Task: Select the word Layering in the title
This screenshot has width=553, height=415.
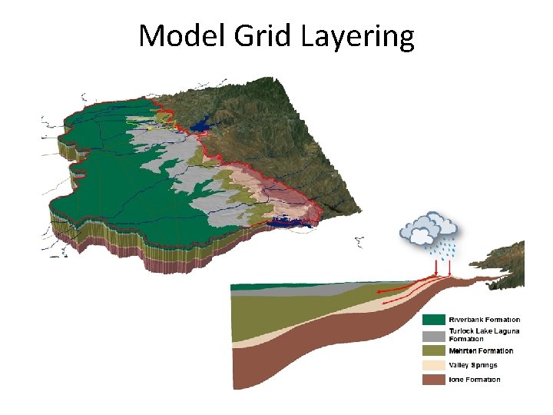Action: pyautogui.click(x=356, y=36)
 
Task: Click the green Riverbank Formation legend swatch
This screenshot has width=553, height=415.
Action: pyautogui.click(x=434, y=320)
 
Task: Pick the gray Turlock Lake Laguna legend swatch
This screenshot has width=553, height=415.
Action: pyautogui.click(x=434, y=336)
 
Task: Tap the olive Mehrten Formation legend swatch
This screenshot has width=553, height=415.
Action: pyautogui.click(x=434, y=351)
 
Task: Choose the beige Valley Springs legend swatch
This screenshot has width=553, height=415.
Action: pyautogui.click(x=434, y=365)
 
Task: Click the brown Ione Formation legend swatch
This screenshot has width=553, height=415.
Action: pyautogui.click(x=434, y=380)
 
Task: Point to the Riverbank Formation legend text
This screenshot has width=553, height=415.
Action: pyautogui.click(x=484, y=320)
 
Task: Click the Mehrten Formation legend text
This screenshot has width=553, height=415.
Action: pyautogui.click(x=482, y=351)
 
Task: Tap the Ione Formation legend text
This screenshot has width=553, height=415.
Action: pyautogui.click(x=475, y=380)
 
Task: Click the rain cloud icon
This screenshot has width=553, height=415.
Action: pyautogui.click(x=429, y=228)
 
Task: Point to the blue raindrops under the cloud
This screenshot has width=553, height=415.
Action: pyautogui.click(x=441, y=250)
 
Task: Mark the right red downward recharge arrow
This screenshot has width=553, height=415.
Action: pyautogui.click(x=450, y=268)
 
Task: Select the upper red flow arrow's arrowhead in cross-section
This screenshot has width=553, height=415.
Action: pyautogui.click(x=379, y=292)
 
